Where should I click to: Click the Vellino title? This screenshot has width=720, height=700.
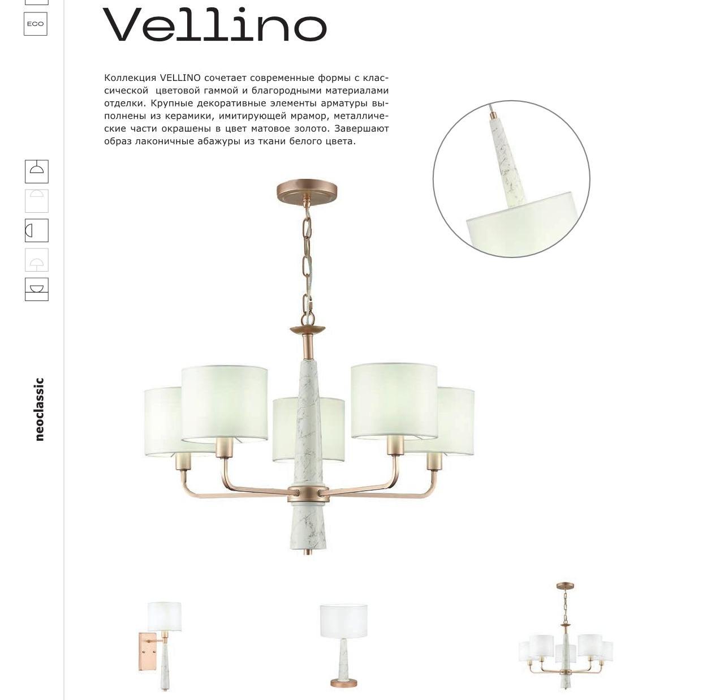pos(214,24)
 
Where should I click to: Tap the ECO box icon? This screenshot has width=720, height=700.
pos(36,24)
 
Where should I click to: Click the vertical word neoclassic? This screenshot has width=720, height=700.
pos(39,409)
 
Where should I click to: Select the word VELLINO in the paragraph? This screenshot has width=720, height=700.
pos(180,78)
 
